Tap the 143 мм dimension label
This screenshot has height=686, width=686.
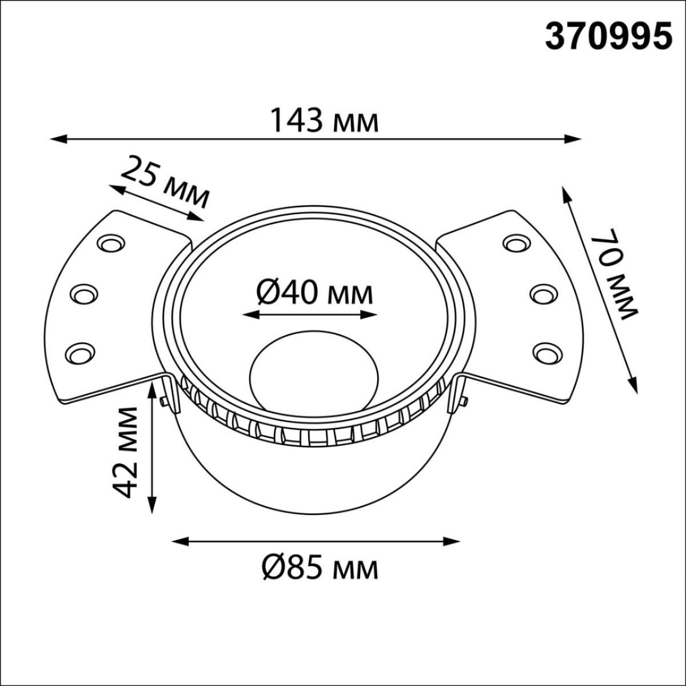tap(324, 121)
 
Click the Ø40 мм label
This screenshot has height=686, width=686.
tap(314, 294)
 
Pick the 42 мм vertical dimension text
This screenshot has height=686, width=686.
tap(125, 452)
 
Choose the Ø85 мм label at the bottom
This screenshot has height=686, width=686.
tap(320, 568)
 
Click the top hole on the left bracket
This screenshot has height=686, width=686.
tap(110, 244)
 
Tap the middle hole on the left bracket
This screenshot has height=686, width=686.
tap(83, 294)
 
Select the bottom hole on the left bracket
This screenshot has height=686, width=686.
tap(79, 350)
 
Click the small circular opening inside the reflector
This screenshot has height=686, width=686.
tap(314, 372)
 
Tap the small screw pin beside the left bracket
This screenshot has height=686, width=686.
tap(164, 402)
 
